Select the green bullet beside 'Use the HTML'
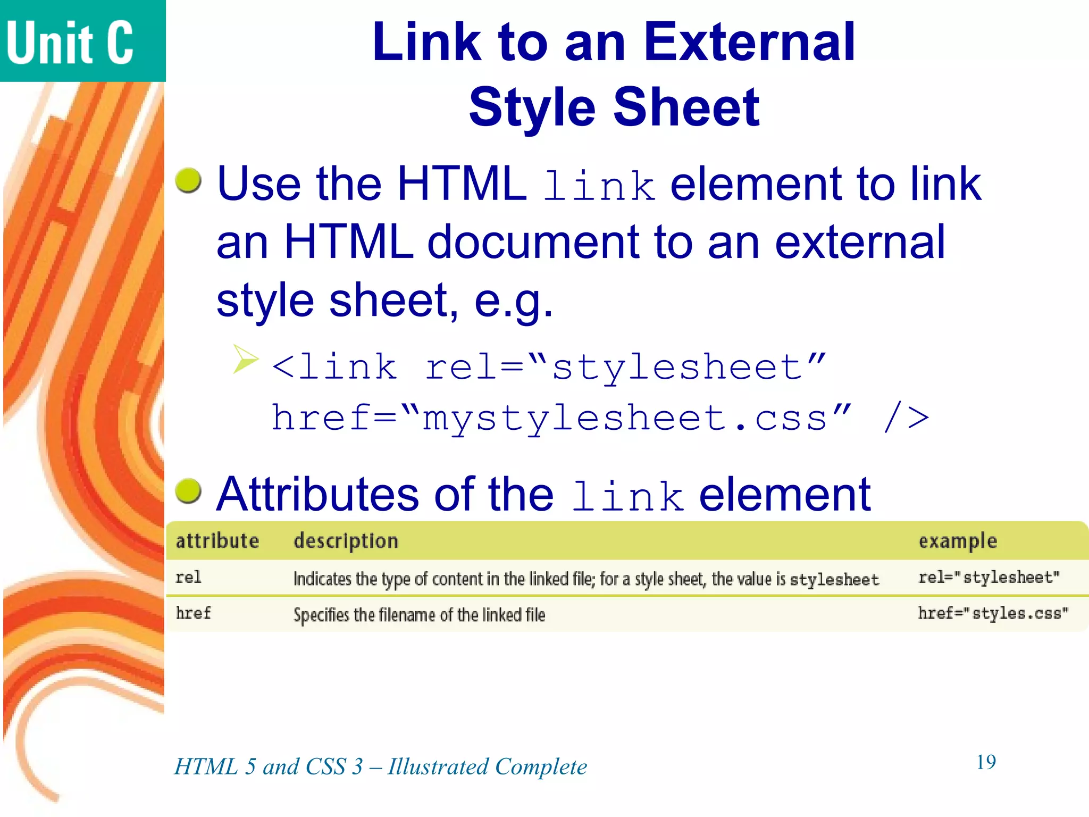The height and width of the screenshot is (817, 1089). coord(188,180)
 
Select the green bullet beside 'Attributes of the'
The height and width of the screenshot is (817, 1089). coord(188,490)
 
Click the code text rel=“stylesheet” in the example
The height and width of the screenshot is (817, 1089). coord(625,367)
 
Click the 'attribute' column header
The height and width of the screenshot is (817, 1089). coord(217,541)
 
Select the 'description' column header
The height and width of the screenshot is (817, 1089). coord(346,541)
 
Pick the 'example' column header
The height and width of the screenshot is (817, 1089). coord(958,541)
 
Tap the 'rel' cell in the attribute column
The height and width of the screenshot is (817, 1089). coord(188,578)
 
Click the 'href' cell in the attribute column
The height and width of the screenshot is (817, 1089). coord(193,613)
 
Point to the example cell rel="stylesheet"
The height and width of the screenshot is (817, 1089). coord(989,578)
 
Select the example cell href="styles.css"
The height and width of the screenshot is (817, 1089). coord(993,613)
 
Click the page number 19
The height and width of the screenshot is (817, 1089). coord(986,762)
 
